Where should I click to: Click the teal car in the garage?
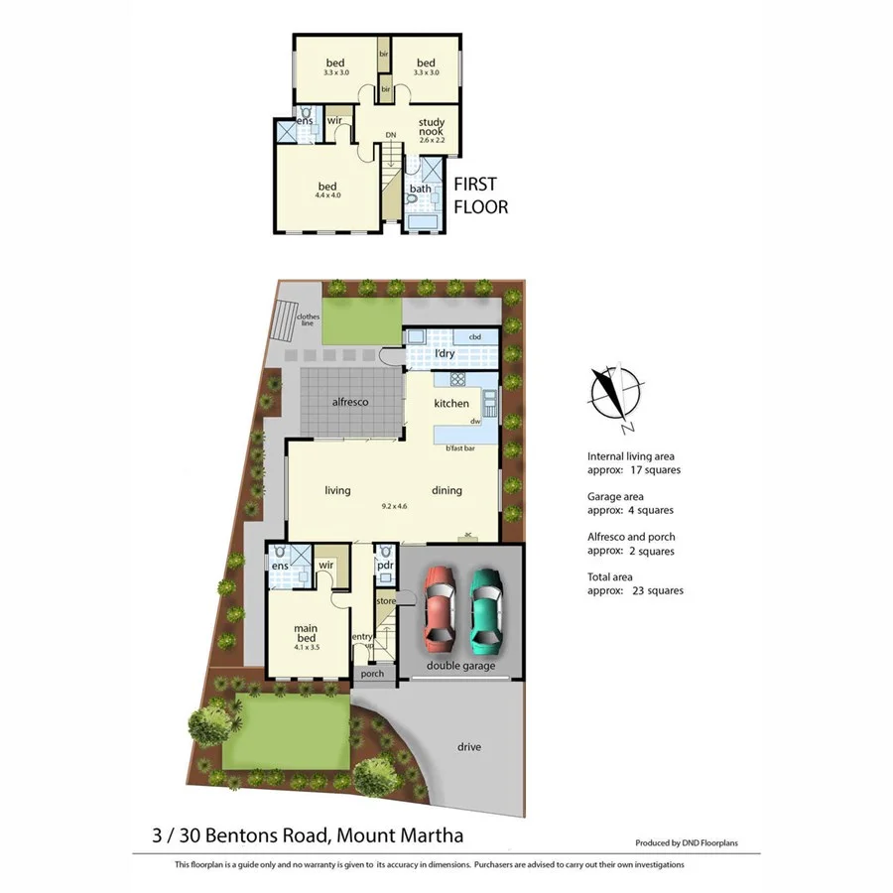click(485, 606)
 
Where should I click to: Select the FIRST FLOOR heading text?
click(480, 195)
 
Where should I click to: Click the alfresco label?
click(350, 403)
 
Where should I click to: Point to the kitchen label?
click(451, 404)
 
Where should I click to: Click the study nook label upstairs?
click(431, 125)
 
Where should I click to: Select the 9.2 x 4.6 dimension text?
click(395, 507)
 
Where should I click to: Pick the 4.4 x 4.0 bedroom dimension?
click(327, 195)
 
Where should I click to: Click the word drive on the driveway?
click(469, 746)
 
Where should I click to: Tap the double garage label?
click(460, 666)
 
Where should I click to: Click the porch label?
click(372, 674)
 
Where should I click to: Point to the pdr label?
click(385, 567)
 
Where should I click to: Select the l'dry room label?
click(444, 354)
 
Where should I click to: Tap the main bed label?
click(305, 632)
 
